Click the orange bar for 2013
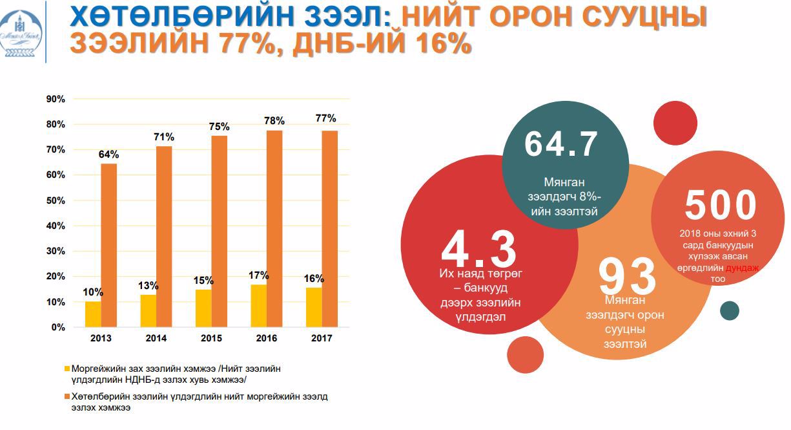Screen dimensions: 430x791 coord(109,245)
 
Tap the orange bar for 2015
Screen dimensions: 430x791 coord(220,231)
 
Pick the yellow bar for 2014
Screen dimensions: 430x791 coord(148,310)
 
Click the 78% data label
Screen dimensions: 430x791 coord(274,121)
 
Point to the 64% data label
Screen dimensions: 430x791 coord(108,155)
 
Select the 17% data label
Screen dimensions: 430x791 coord(258,275)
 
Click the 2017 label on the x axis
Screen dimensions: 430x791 coord(322,338)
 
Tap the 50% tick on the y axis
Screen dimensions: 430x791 coord(56,200)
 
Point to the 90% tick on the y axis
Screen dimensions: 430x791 coord(56,99)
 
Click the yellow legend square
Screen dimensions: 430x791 coord(67,368)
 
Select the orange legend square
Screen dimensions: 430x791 coord(67,396)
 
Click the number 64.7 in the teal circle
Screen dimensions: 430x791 coord(560,144)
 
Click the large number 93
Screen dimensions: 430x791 coord(627,277)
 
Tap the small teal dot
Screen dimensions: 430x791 coord(730,311)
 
